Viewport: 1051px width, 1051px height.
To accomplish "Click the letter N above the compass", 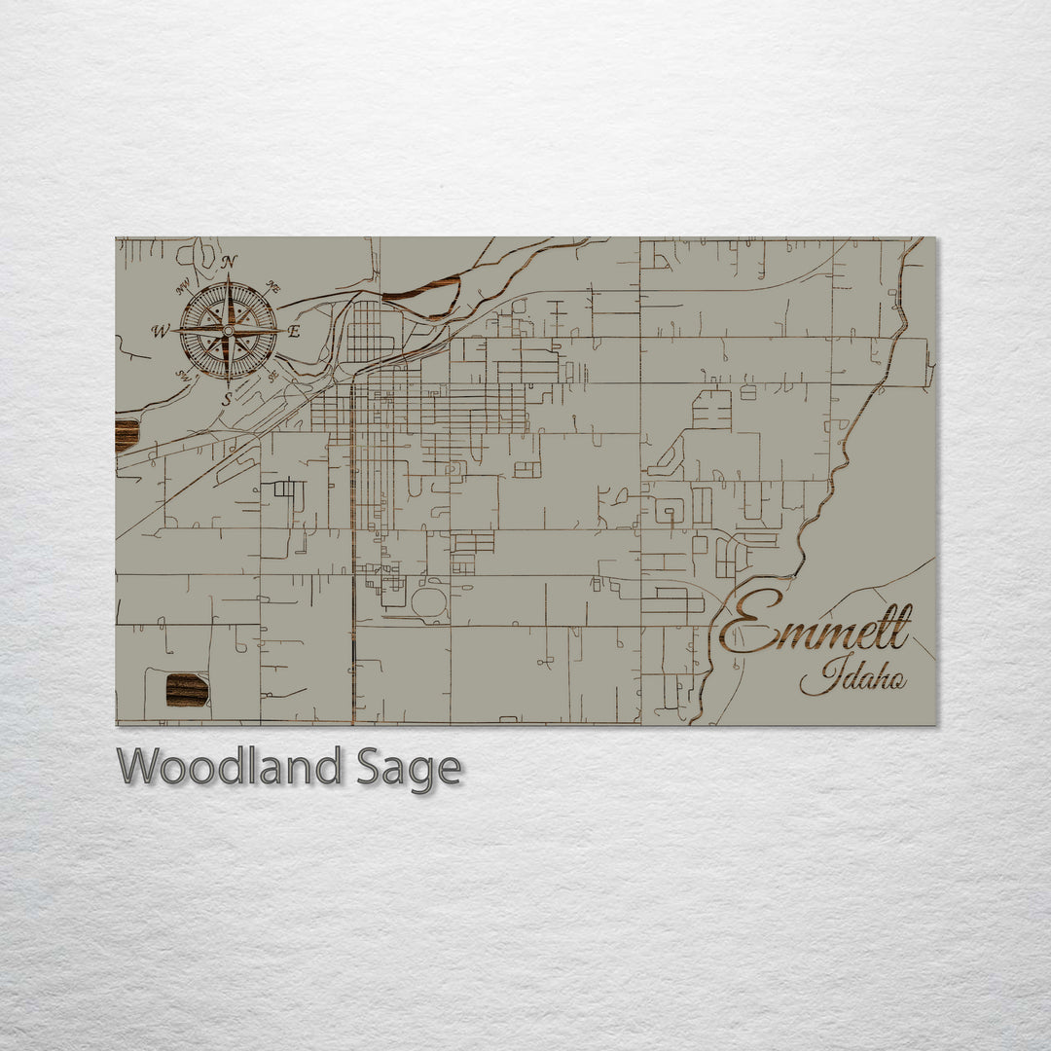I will (x=230, y=262).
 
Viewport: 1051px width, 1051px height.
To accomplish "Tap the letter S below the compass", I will (x=227, y=399).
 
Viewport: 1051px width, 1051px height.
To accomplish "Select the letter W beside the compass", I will (x=159, y=331).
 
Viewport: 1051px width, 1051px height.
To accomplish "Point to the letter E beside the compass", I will (x=294, y=332).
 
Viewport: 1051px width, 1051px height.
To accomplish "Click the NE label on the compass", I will (x=273, y=288).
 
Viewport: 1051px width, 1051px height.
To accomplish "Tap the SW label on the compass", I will (x=182, y=375).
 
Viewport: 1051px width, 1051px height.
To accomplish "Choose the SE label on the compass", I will (x=273, y=376).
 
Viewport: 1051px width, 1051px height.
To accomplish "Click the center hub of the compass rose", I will (x=228, y=331).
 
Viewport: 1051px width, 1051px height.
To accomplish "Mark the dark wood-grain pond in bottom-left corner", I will (x=187, y=690).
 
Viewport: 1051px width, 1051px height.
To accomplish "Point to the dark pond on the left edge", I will (x=127, y=435).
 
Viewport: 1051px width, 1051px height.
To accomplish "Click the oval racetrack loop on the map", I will (x=428, y=602).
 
